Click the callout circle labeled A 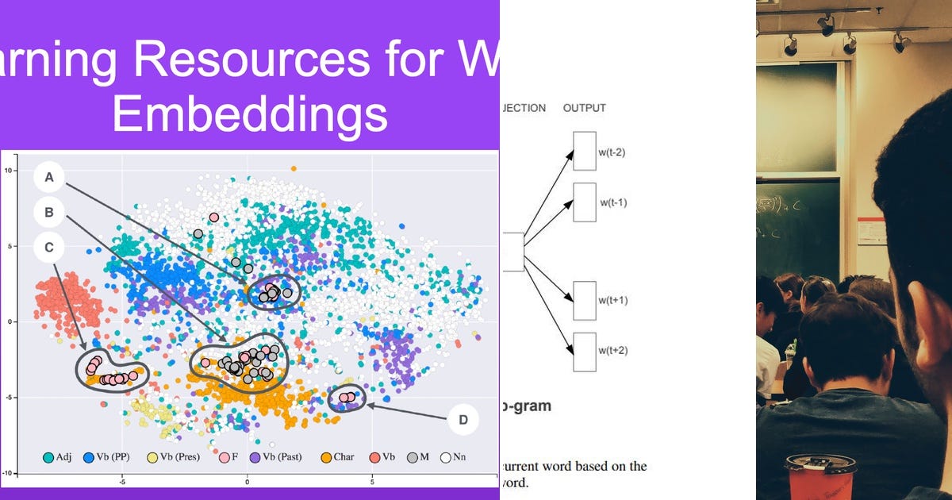tap(49, 178)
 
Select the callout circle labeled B tap(49, 213)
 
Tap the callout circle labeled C tap(49, 248)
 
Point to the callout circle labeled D tap(463, 419)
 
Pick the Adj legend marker tap(49, 457)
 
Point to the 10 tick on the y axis tap(9, 170)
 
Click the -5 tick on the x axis tap(122, 481)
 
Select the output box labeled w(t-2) tap(584, 151)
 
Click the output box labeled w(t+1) tap(584, 301)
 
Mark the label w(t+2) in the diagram tap(613, 350)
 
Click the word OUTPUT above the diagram tap(584, 108)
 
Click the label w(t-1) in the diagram tap(613, 202)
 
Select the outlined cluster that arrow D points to tap(347, 398)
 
